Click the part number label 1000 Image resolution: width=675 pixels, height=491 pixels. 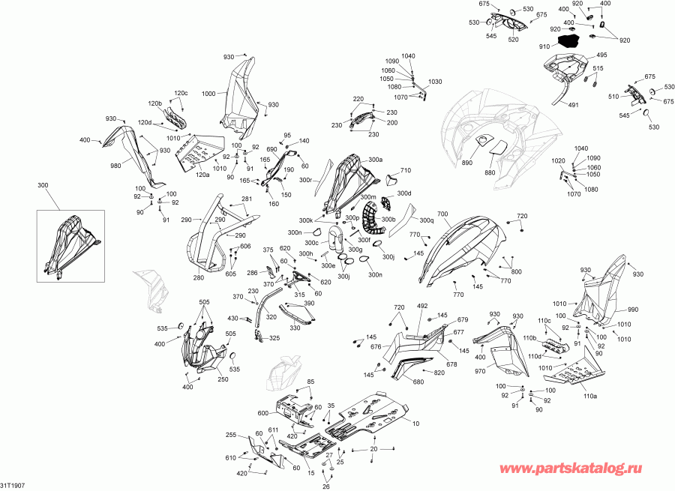tap(208, 94)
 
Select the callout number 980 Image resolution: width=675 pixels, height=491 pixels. tap(115, 165)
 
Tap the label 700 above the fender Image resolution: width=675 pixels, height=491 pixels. tap(442, 214)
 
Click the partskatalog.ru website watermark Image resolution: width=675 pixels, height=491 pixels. tap(571, 469)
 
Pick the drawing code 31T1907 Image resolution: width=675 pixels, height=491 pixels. tap(13, 486)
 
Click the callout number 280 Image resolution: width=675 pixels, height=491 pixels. tap(199, 277)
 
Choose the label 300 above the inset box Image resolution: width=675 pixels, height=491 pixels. tap(43, 185)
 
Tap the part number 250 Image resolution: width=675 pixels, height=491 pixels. tap(223, 379)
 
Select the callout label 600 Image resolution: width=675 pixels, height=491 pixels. tap(263, 413)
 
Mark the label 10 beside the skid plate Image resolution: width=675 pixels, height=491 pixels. tap(415, 424)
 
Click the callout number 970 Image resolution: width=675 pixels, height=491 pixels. tap(480, 371)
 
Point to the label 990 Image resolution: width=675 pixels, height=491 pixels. tap(633, 310)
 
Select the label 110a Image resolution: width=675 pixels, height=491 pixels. tap(590, 396)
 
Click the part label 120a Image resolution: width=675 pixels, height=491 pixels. tap(202, 175)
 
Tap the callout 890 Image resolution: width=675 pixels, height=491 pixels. tap(467, 162)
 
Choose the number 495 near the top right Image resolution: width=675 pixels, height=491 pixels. tap(601, 55)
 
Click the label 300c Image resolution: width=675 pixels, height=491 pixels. tap(311, 243)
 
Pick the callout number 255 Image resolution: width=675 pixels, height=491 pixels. tap(231, 435)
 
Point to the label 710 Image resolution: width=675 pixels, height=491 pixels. tap(406, 170)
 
